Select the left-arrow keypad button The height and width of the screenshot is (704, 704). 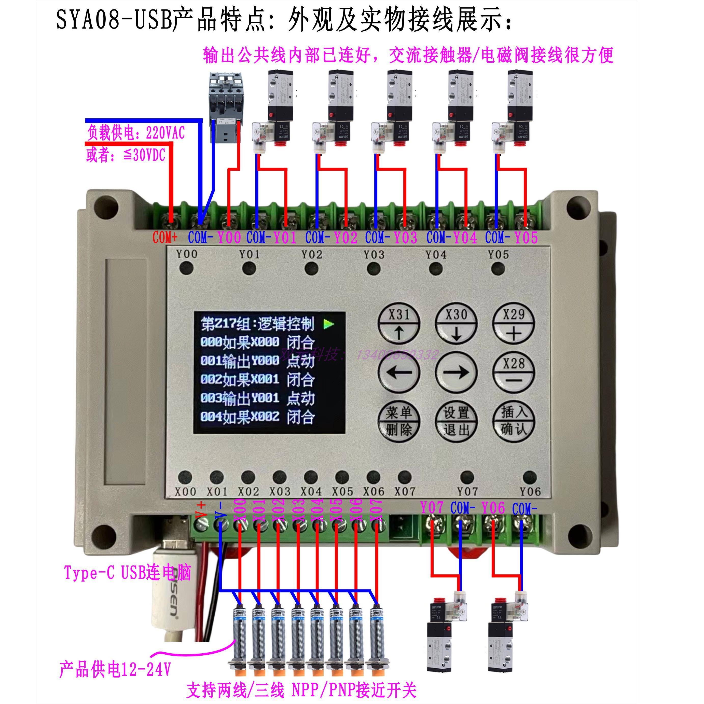(x=399, y=373)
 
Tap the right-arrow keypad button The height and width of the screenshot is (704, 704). (x=456, y=373)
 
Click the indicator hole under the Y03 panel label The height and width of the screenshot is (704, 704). (x=374, y=269)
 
